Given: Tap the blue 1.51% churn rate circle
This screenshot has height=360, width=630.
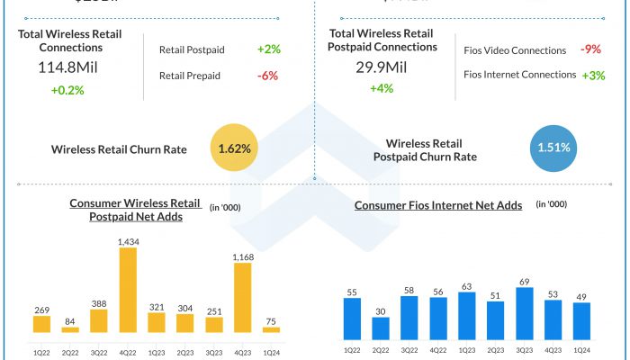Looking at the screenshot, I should point(554,148).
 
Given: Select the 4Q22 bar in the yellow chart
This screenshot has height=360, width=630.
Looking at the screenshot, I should point(128,290).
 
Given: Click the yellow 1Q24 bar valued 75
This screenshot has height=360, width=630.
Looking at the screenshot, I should point(271,330).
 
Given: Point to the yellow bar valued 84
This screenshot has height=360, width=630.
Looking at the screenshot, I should point(70,330).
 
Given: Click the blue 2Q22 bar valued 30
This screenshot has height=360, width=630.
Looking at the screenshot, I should point(381,328).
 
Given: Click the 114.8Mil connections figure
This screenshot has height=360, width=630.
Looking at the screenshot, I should point(69,68).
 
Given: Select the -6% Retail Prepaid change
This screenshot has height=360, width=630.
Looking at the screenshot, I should point(267,76).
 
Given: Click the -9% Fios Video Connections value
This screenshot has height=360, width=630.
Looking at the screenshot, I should point(591,49).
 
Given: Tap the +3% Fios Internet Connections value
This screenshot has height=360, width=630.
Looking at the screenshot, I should point(593,75).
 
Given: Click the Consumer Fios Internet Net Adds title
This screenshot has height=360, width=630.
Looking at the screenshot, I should point(438,205).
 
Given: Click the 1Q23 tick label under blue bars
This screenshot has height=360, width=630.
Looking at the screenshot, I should point(467,349).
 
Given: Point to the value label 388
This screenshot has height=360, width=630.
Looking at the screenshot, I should point(99,303).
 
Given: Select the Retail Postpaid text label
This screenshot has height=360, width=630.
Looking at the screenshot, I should point(192,49).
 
